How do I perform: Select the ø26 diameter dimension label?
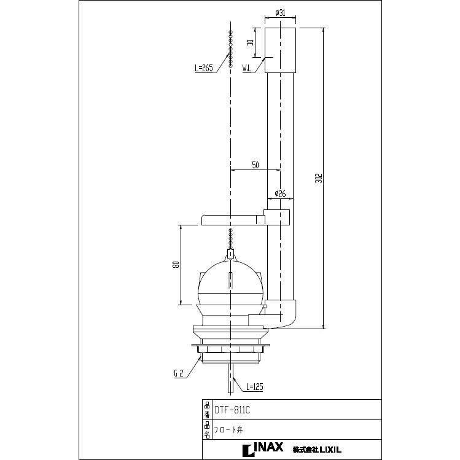click(280, 193)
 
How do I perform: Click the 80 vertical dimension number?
click(176, 264)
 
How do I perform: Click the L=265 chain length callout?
click(203, 68)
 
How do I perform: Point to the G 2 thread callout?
click(179, 373)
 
